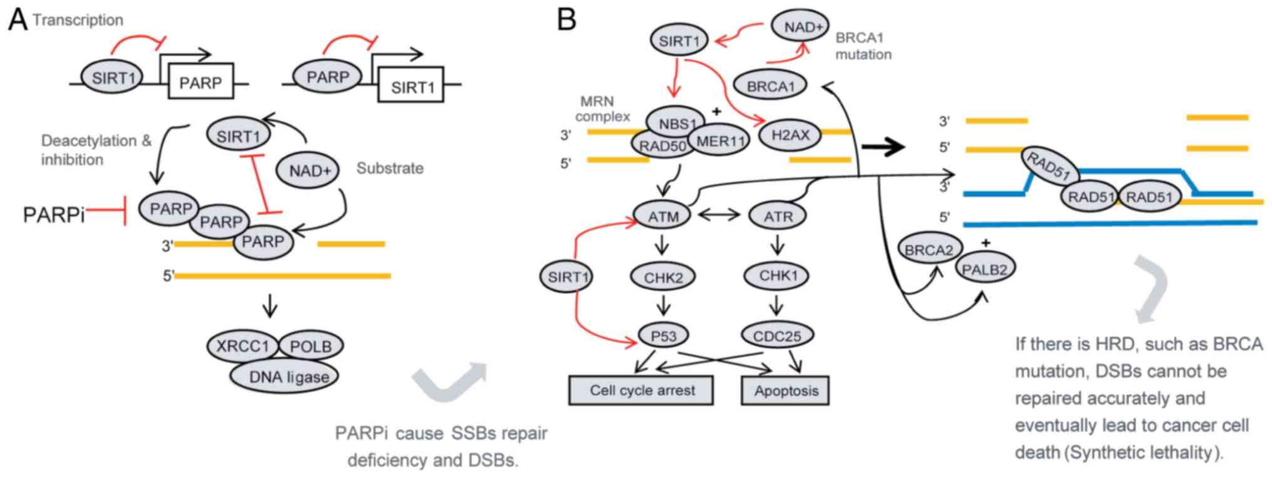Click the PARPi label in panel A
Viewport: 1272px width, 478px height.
click(54, 215)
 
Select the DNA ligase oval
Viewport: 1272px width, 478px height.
click(289, 377)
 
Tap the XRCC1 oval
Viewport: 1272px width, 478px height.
click(242, 346)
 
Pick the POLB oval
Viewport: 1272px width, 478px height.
click(311, 346)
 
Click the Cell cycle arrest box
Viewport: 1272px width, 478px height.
click(642, 390)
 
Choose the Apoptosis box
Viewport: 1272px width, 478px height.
click(786, 391)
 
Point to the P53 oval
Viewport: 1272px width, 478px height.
click(663, 336)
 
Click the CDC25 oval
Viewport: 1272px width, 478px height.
click(777, 336)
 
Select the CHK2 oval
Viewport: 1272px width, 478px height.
click(663, 277)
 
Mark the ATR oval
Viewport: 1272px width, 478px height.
click(777, 216)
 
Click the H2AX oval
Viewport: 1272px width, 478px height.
click(790, 134)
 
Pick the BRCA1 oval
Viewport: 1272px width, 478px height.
click(770, 86)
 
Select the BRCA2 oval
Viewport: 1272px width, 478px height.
click(928, 250)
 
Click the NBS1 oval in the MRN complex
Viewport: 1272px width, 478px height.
click(677, 123)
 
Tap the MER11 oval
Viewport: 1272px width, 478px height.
click(721, 141)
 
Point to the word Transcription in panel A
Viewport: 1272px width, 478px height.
click(78, 20)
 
